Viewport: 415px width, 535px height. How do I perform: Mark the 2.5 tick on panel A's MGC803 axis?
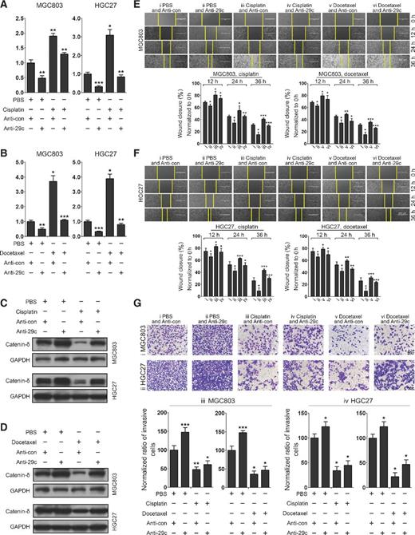(x=19, y=17)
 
